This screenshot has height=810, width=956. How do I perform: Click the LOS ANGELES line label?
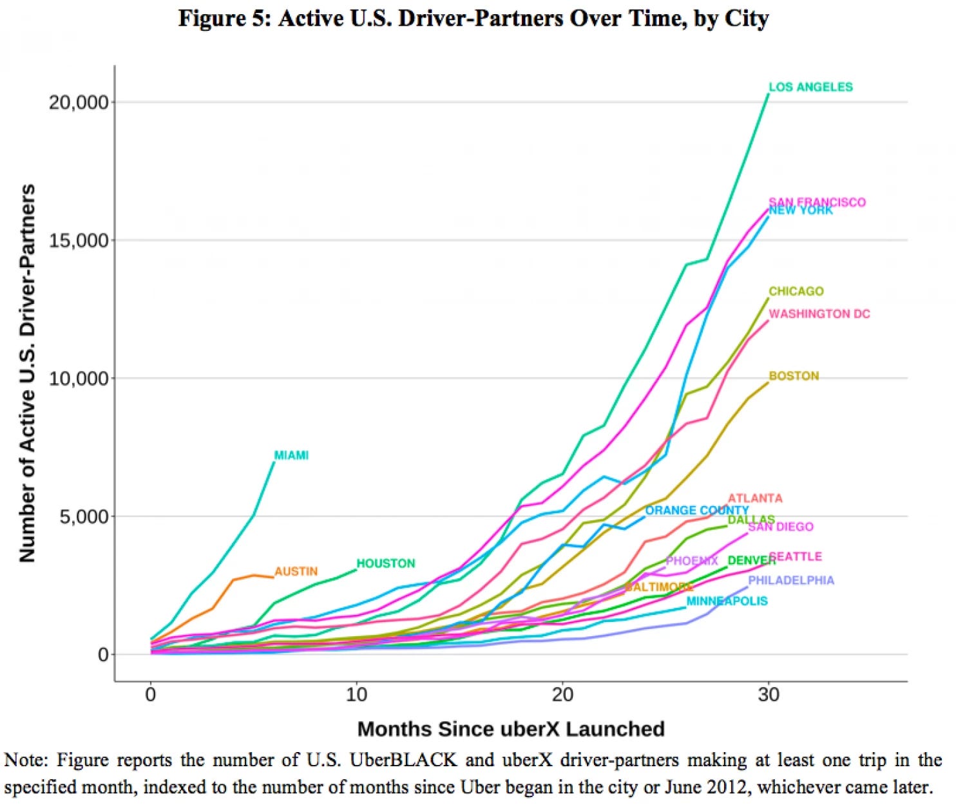click(810, 87)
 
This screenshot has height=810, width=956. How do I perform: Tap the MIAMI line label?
click(291, 455)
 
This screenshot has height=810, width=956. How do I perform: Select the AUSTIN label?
click(296, 571)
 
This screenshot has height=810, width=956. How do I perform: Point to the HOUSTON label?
click(386, 563)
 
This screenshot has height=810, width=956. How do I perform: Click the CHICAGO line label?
click(796, 291)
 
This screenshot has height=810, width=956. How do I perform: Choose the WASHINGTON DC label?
click(819, 314)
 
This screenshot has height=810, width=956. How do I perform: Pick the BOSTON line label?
click(794, 376)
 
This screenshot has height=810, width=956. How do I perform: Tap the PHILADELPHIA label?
click(790, 580)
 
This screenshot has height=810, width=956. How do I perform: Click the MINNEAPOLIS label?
click(727, 601)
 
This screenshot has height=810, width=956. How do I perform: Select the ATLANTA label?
click(755, 498)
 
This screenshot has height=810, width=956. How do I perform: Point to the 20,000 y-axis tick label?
click(79, 102)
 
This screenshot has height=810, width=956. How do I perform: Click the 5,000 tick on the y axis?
click(84, 516)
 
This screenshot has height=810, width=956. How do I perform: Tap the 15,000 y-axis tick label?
click(79, 240)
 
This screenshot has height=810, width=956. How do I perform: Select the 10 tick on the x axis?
click(356, 695)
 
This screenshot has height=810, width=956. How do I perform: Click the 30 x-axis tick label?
click(769, 695)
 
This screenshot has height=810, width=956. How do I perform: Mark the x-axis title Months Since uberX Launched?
click(511, 729)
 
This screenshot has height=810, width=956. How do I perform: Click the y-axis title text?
click(27, 373)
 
